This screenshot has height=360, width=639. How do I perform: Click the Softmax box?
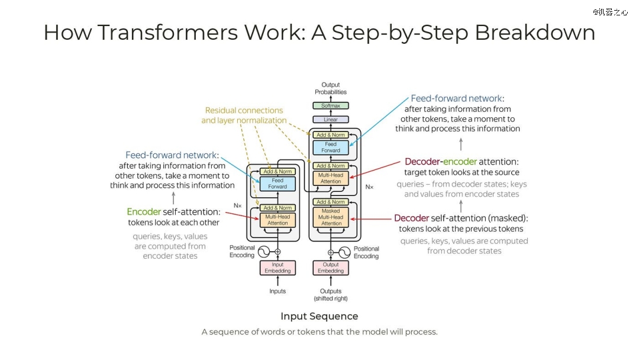click(x=331, y=106)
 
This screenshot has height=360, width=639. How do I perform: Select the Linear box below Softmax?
click(x=331, y=120)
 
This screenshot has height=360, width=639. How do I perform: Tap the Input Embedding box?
click(x=277, y=268)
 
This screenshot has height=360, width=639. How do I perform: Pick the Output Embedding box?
click(x=331, y=268)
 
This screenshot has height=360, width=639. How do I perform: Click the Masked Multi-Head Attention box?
click(x=331, y=217)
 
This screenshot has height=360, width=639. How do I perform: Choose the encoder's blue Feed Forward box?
click(x=277, y=184)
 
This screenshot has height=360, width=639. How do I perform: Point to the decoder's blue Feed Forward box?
click(x=331, y=147)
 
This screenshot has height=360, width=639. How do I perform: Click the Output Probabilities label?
click(x=331, y=88)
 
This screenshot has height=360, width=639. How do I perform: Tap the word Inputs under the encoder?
click(x=277, y=291)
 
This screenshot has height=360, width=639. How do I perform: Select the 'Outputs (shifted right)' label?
click(x=331, y=294)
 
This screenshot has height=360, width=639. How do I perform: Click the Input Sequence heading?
click(x=319, y=316)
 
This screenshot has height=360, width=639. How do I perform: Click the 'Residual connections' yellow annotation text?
click(x=244, y=110)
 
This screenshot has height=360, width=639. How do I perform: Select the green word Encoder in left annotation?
click(x=144, y=212)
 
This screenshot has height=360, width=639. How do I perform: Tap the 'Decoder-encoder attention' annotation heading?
click(x=461, y=162)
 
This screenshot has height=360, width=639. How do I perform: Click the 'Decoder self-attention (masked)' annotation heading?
click(x=461, y=218)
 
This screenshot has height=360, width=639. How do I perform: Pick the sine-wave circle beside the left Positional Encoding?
click(x=264, y=252)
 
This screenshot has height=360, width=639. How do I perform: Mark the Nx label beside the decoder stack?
click(x=369, y=187)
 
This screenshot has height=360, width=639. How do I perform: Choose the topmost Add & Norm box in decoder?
click(x=331, y=135)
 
